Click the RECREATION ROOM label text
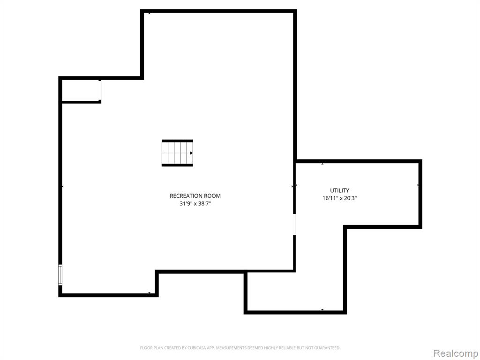point(195,196)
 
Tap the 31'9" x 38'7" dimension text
point(195,203)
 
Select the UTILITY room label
point(339,190)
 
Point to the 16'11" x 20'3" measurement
point(339,198)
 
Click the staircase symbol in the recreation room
point(177,153)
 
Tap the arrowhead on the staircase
point(191,153)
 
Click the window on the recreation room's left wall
point(60,275)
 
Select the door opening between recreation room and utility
point(294,224)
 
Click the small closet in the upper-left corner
point(81,90)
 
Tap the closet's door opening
point(100,90)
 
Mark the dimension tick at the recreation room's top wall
point(149,14)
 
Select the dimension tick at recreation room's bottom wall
point(149,293)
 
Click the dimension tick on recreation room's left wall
point(63,186)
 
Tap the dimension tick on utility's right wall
point(418,185)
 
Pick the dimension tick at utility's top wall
point(322,164)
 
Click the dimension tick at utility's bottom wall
point(322,310)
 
